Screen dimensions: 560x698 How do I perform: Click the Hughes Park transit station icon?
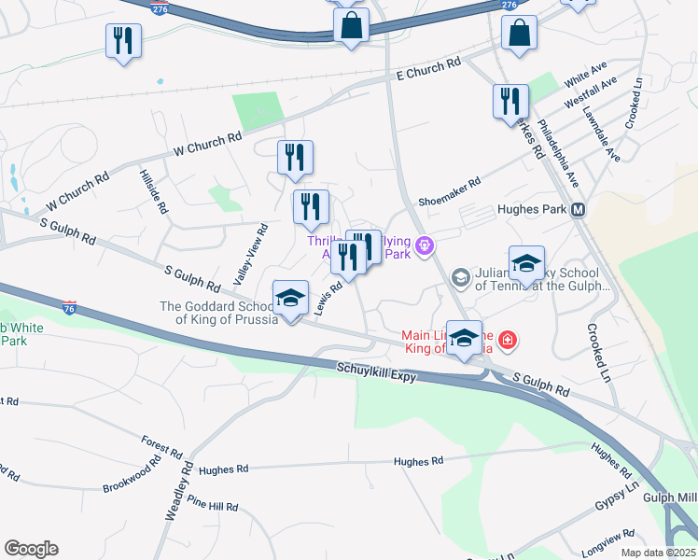pos(579,210)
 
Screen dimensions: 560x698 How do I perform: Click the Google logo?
pos(31,549)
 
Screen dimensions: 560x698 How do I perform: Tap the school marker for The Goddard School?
pos(290,299)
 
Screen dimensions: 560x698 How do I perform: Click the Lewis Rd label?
pos(328,300)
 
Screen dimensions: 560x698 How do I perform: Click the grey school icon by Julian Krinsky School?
pos(459,277)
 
